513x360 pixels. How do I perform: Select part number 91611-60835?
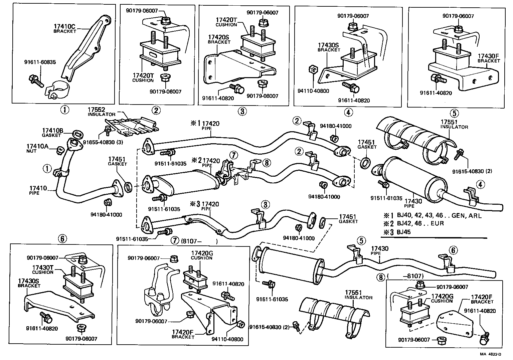pos(40,62)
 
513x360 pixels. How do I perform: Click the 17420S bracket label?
pos(219,39)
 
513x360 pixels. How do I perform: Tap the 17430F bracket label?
pos(489,58)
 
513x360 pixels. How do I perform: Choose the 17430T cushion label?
pos(43,269)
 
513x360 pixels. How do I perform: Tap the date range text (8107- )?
pos(199,241)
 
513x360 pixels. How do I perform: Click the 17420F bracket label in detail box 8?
pos(482,299)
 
